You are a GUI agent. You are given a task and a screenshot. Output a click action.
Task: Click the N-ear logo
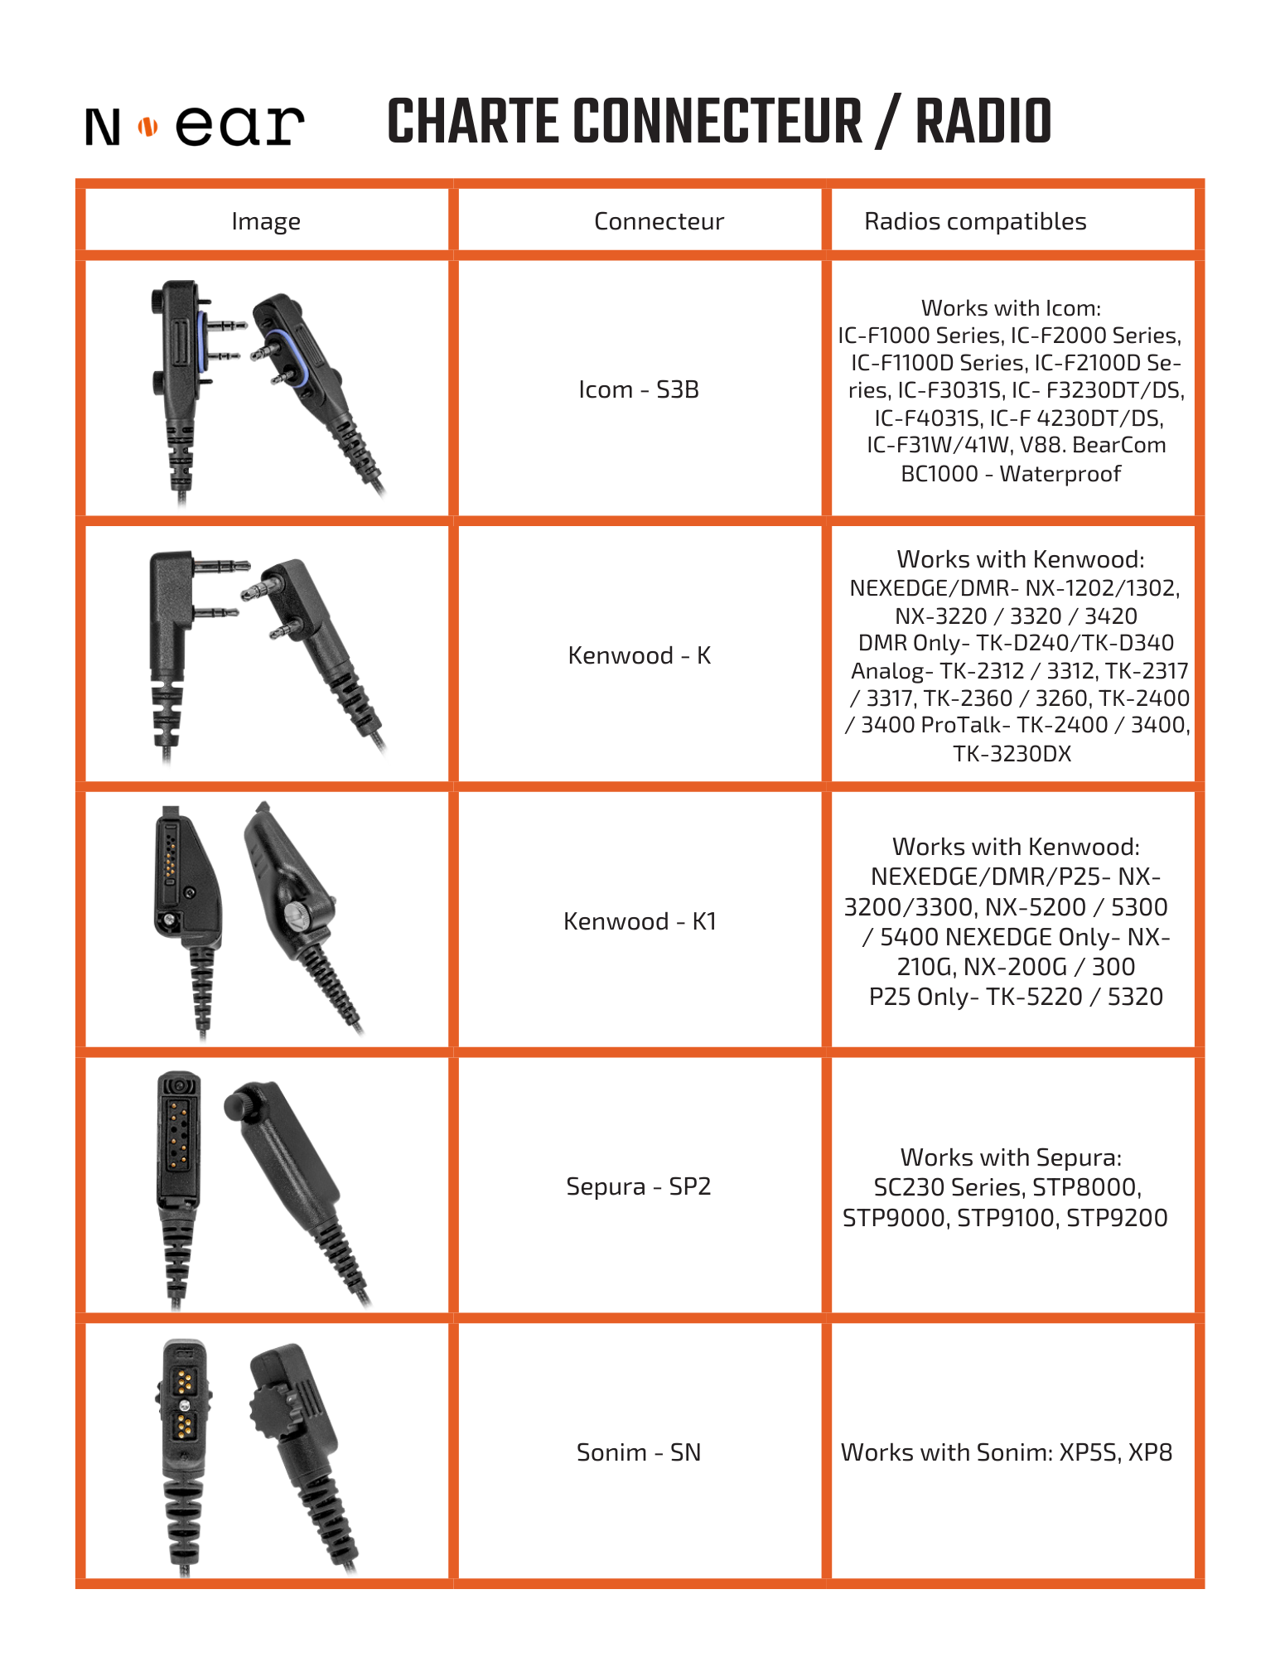195,126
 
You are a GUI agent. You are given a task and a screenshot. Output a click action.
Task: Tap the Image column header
266,221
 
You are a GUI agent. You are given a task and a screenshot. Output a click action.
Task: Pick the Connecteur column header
659,221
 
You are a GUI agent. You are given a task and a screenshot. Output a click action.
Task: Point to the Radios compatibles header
975,221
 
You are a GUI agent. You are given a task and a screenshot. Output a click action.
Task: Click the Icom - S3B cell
639,389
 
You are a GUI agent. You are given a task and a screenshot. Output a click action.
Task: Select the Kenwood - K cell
639,655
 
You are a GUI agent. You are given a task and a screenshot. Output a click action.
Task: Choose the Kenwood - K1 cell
639,921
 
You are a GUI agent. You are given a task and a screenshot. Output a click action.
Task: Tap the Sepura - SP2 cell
639,1186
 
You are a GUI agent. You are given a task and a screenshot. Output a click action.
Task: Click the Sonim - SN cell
639,1452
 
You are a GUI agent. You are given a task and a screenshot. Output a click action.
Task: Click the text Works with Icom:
1011,308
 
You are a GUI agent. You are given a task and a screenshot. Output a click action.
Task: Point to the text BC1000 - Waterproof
1011,474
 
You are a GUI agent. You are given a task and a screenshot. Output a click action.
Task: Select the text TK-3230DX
1012,754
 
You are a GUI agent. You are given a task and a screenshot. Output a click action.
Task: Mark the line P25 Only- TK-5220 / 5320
1016,997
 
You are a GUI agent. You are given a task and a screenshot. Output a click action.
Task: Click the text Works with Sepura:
1011,1157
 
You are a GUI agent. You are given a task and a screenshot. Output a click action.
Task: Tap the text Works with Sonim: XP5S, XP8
1007,1452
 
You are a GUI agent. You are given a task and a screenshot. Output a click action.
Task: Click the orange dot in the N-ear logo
147,127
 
